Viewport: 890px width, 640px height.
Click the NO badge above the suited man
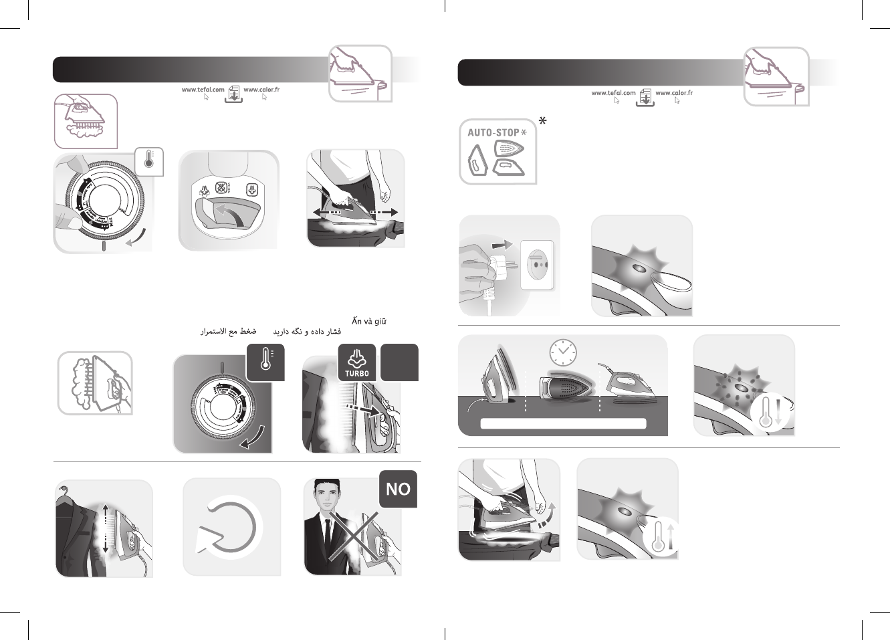tap(398, 489)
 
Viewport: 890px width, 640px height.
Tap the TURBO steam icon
tap(357, 362)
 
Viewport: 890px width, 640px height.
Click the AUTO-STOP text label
tap(493, 132)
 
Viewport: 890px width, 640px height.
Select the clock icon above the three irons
tap(562, 352)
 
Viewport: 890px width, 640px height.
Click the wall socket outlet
tap(537, 264)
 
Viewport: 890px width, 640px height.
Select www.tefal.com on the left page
tap(203, 90)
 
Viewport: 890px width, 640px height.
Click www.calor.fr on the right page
tap(674, 93)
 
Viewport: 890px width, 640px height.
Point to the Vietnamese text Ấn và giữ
tap(369, 321)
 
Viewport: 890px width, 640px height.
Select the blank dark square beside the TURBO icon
tap(399, 362)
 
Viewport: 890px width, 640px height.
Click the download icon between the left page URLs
tap(234, 93)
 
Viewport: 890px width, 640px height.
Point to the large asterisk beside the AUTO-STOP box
tap(543, 121)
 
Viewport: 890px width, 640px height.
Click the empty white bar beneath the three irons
tap(563, 423)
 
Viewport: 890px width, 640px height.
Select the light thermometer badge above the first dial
tap(149, 161)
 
